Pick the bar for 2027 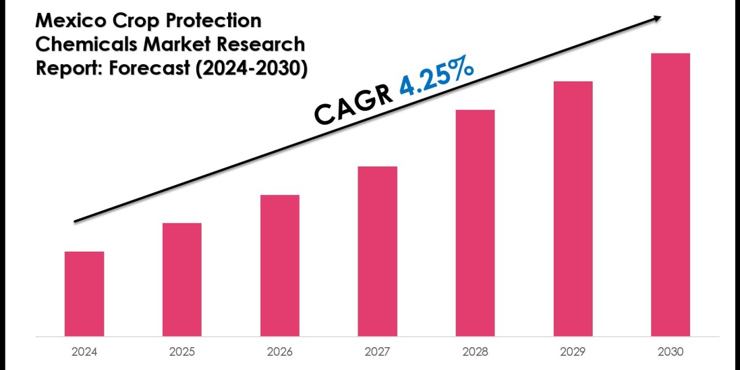[377, 251]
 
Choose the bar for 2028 [475, 223]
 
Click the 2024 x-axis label [84, 352]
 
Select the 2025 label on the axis [182, 352]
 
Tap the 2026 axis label [280, 352]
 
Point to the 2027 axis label [377, 352]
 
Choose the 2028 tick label [475, 352]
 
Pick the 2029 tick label [573, 352]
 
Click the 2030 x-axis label [670, 352]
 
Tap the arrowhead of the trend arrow [657, 18]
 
